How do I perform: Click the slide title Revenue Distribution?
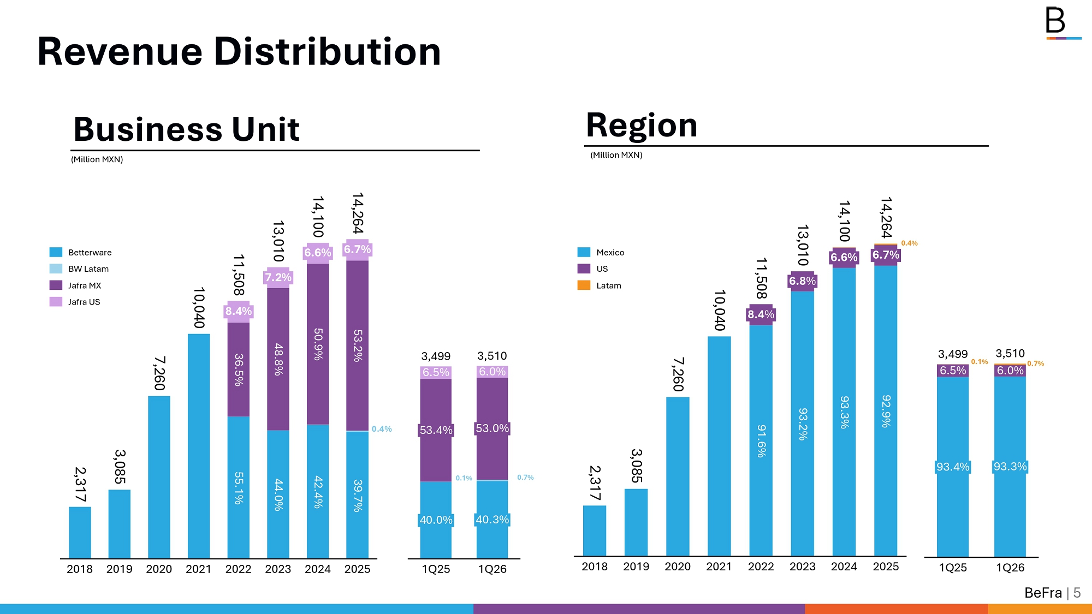click(239, 52)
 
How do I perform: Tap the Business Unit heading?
click(186, 129)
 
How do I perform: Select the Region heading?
click(642, 125)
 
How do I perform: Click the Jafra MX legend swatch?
click(56, 285)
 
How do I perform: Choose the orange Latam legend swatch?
click(584, 285)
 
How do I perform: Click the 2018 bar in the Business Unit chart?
click(80, 532)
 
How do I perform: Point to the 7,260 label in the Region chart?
click(678, 374)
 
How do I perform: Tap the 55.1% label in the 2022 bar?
click(239, 487)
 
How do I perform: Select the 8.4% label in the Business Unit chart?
click(239, 311)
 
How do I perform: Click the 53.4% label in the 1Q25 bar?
click(436, 430)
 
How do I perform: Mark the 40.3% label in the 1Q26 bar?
click(492, 520)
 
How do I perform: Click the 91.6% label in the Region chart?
click(761, 440)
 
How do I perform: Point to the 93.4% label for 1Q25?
click(953, 467)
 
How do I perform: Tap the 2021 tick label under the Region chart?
click(719, 567)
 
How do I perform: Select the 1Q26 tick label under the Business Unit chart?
click(492, 569)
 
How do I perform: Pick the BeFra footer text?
click(1043, 593)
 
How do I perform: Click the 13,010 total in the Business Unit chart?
click(278, 241)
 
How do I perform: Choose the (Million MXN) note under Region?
click(616, 155)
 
